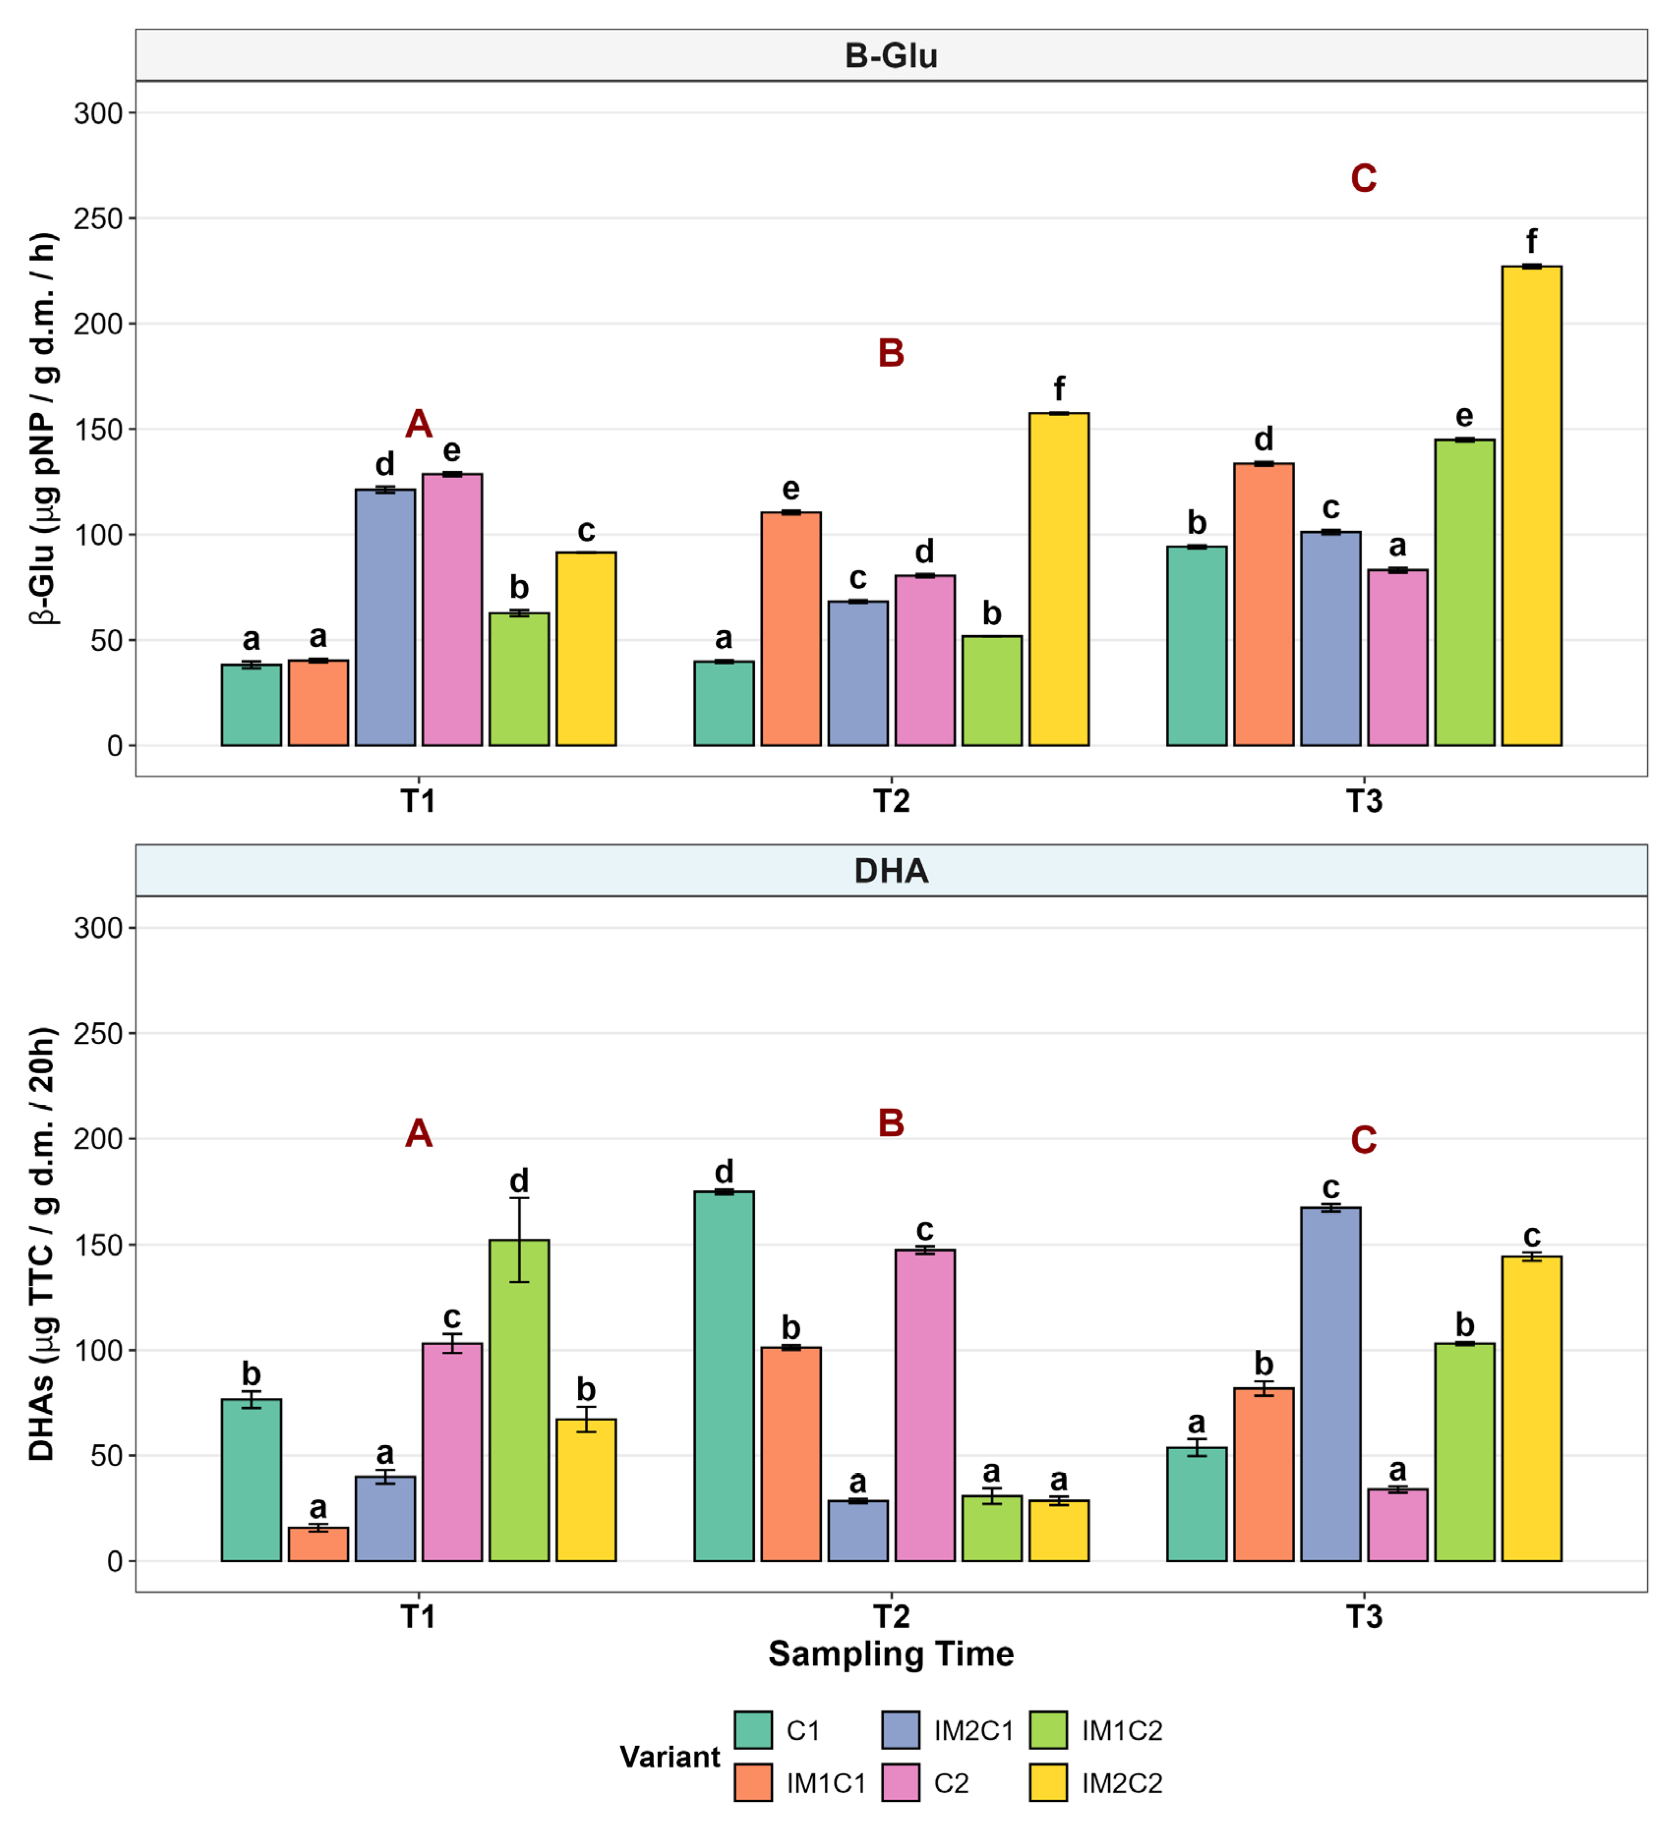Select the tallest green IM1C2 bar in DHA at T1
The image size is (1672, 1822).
click(x=519, y=1400)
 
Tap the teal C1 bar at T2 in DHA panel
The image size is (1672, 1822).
click(x=724, y=1376)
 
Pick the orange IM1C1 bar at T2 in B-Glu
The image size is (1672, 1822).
click(x=791, y=629)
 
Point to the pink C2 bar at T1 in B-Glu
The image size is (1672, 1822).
click(x=453, y=610)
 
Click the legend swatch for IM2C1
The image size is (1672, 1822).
click(x=900, y=1730)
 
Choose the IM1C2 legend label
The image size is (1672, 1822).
click(x=1122, y=1730)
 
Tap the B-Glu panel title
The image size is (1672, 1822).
click(x=891, y=56)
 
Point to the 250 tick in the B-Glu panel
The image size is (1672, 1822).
click(x=98, y=219)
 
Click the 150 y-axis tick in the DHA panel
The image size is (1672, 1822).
click(x=98, y=1245)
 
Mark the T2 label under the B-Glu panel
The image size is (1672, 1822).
click(x=891, y=801)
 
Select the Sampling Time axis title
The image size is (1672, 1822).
click(x=891, y=1654)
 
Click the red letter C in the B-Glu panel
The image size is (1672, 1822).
click(x=1364, y=178)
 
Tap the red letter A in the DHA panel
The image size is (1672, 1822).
click(x=418, y=1133)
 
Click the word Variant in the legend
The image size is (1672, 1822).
click(x=669, y=1757)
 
